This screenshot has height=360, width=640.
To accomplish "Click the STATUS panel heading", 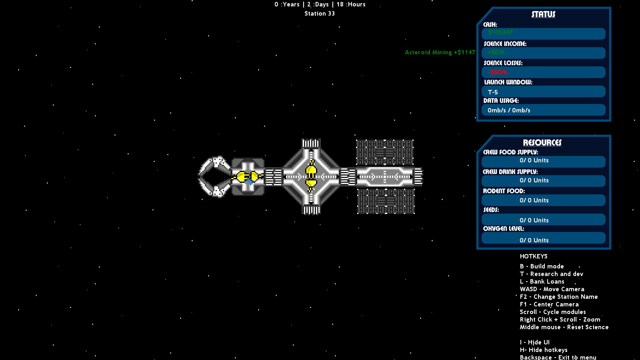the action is [543, 14].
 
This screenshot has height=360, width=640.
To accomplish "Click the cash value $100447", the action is [500, 32].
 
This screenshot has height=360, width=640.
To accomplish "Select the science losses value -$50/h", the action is [497, 72].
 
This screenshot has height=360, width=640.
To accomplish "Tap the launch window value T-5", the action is [493, 92].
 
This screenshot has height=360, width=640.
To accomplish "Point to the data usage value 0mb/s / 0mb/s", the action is [509, 110].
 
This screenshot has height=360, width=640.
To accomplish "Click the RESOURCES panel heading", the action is [542, 143].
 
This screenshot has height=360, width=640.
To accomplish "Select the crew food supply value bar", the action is [543, 161].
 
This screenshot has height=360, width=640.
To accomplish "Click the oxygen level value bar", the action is [543, 240].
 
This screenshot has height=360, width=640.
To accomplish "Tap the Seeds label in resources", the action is [491, 210].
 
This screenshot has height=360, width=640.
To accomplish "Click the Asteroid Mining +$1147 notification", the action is [440, 52].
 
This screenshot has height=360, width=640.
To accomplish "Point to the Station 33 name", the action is [319, 14].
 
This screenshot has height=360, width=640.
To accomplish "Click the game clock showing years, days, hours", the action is [320, 4].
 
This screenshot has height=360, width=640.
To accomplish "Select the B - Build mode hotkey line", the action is [542, 266].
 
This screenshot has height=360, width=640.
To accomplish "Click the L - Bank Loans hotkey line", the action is [542, 282].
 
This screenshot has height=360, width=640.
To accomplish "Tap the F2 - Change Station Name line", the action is [558, 297].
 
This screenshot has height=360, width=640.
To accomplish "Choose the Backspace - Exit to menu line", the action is [558, 357].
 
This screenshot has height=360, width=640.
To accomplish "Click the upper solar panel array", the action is [384, 152].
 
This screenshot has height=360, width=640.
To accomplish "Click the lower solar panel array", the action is [386, 201].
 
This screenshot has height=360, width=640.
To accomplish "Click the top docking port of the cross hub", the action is [311, 143].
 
